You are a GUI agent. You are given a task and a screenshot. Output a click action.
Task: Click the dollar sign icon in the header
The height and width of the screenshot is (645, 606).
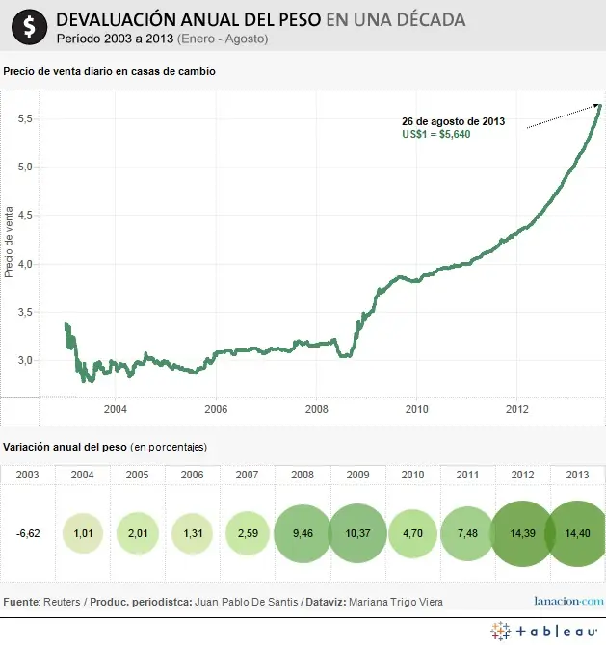[33, 26]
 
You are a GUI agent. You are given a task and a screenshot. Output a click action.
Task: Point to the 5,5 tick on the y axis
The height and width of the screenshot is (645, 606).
[26, 118]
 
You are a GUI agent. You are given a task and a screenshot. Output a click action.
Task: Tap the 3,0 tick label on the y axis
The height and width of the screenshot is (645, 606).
[26, 360]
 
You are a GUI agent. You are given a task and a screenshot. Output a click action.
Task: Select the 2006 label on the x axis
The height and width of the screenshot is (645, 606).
[215, 408]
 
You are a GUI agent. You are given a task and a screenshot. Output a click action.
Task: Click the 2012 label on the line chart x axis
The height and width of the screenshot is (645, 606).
[517, 408]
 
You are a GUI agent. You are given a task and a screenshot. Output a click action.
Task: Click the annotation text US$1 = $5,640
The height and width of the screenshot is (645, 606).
[435, 134]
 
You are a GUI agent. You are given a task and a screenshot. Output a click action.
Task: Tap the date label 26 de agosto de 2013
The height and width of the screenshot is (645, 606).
[453, 121]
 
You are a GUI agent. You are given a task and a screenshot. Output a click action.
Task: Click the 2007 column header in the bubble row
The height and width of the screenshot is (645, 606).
[248, 475]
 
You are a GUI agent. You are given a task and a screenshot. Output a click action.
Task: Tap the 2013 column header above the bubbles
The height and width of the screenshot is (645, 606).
[578, 475]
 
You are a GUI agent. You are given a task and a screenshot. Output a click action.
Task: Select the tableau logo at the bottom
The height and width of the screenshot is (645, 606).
[543, 632]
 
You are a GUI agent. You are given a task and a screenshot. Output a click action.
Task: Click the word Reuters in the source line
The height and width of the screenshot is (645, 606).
[61, 601]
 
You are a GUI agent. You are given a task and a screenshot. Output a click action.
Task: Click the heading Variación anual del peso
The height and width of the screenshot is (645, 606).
[65, 447]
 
